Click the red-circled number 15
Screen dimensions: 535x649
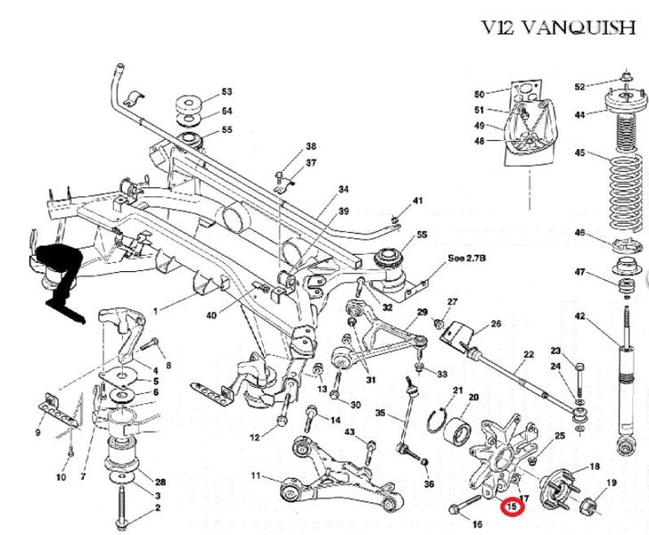click(x=512, y=508)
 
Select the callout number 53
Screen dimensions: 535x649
click(x=226, y=93)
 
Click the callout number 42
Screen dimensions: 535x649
click(x=580, y=317)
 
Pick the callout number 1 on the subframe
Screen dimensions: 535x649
click(x=154, y=310)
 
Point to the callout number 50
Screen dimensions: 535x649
click(x=479, y=95)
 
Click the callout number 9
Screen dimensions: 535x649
click(x=37, y=433)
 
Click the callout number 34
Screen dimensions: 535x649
click(x=318, y=190)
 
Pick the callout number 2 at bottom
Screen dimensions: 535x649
click(x=158, y=508)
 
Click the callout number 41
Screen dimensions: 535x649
click(x=417, y=200)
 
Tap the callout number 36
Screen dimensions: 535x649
click(x=430, y=484)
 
